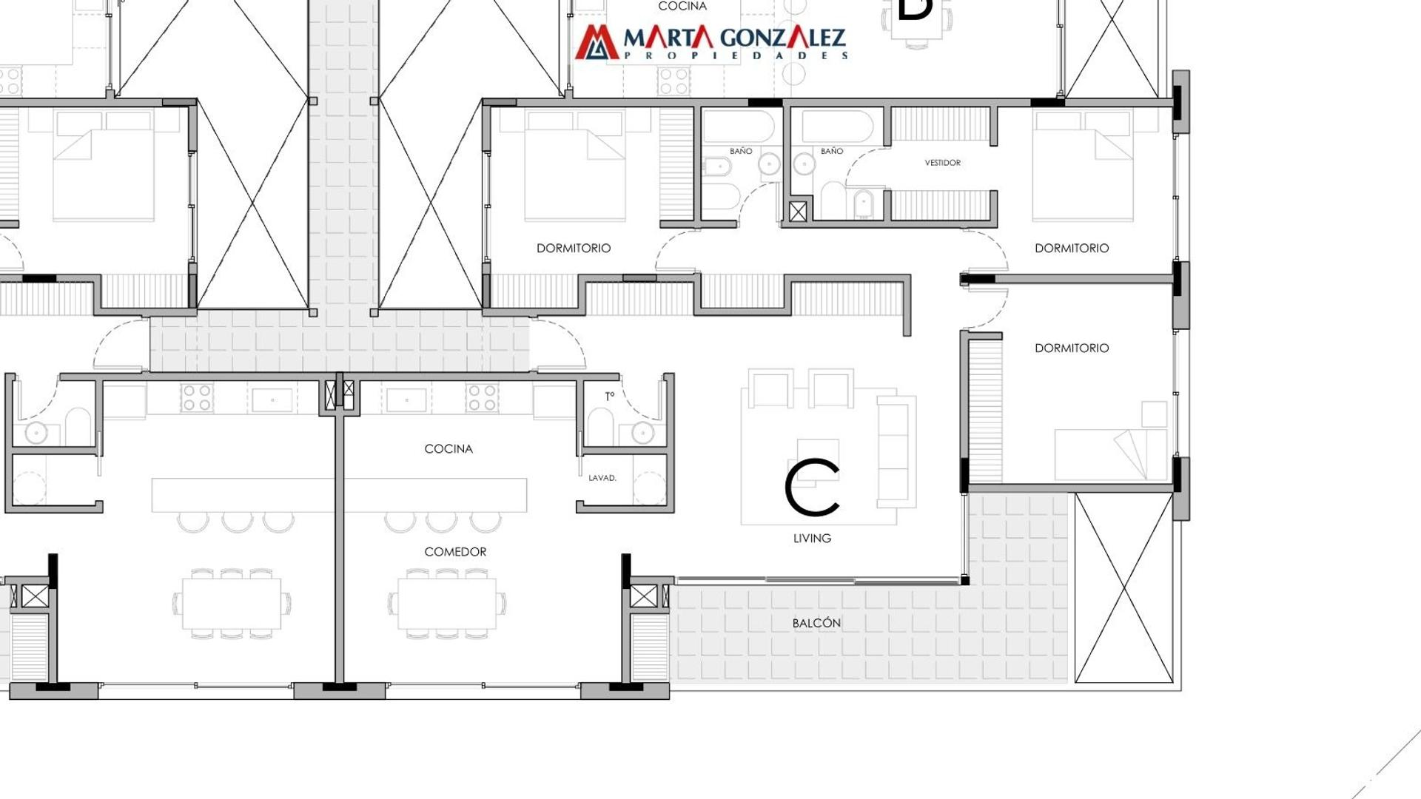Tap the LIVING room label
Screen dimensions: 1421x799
point(812,539)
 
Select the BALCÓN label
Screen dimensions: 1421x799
point(816,623)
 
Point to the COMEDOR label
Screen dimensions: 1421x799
point(455,552)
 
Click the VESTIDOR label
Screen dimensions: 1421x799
point(942,163)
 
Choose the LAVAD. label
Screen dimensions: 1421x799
point(602,478)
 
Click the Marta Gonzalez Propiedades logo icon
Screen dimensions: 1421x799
point(597,42)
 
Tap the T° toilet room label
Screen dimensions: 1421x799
point(609,397)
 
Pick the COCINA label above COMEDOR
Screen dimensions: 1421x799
point(449,449)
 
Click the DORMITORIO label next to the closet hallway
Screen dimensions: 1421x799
point(574,249)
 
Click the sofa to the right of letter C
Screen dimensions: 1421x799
point(896,452)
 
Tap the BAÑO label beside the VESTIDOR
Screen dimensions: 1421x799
point(831,151)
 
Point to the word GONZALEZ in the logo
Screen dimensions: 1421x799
point(782,38)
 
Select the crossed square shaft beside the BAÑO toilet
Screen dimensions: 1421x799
point(798,212)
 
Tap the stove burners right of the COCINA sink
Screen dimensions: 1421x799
point(482,397)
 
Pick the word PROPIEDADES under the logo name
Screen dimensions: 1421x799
point(736,55)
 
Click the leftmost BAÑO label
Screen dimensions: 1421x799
point(740,151)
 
